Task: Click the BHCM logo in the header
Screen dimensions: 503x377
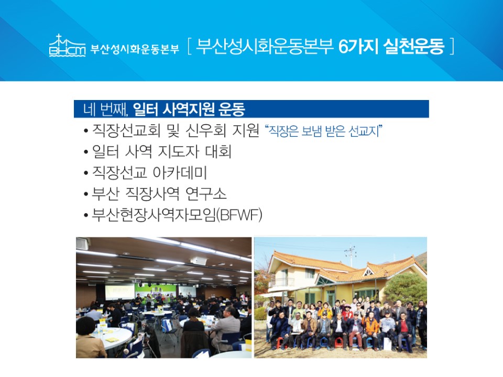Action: click(x=68, y=46)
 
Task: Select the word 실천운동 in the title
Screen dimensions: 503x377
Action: click(x=414, y=47)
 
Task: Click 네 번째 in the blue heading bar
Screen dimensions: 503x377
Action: click(x=105, y=109)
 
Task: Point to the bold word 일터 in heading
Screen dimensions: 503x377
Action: click(x=145, y=109)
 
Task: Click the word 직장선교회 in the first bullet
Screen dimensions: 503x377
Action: click(x=126, y=130)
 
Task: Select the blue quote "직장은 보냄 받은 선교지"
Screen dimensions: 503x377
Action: click(x=323, y=131)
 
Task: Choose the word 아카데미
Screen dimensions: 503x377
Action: click(x=180, y=172)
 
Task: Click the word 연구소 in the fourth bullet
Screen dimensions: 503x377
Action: click(x=206, y=194)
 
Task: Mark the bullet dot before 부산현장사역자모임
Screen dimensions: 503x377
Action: click(x=85, y=215)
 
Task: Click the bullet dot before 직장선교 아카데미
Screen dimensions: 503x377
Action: click(x=85, y=173)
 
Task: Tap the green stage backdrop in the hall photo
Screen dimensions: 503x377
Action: click(x=155, y=291)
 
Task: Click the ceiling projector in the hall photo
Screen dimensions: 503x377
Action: click(x=198, y=261)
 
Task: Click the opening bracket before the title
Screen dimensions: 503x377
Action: click(x=189, y=47)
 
